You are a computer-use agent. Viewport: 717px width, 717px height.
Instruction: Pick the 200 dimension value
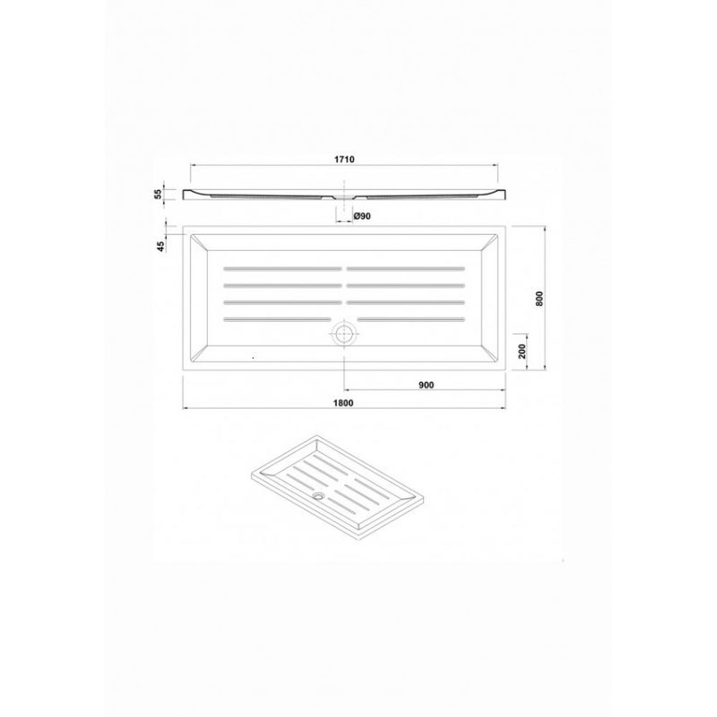tap(523, 351)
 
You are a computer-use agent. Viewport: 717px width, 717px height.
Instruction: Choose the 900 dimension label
tap(426, 384)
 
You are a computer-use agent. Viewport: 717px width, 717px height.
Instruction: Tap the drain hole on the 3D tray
tap(318, 495)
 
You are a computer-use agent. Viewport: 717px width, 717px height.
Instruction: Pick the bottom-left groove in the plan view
tap(278, 319)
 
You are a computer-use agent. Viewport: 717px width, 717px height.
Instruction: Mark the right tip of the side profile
tap(505, 194)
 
